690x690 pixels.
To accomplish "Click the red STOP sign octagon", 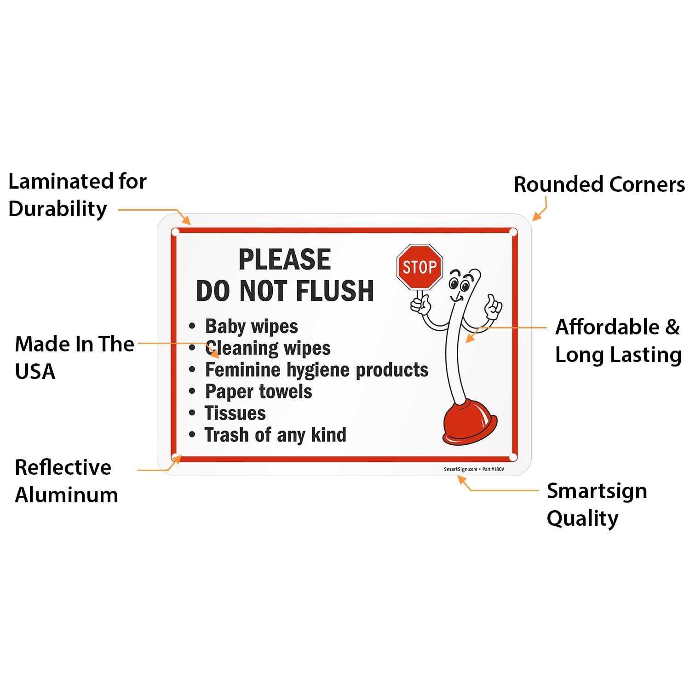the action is tap(420, 267).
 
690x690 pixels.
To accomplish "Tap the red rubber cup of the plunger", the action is tap(470, 422).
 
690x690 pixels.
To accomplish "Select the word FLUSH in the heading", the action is tap(335, 291).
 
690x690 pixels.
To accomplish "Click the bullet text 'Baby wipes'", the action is tap(252, 327).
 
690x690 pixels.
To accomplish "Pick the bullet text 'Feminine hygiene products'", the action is tap(316, 370).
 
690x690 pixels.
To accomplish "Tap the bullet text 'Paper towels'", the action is tap(259, 392).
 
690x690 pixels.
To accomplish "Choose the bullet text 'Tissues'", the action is tap(235, 413).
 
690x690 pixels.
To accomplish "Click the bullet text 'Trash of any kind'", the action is tap(276, 435).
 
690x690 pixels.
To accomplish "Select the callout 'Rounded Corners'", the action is tap(599, 184).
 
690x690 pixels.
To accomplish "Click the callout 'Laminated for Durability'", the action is tap(78, 195).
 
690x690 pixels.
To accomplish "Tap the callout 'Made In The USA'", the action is tap(75, 357).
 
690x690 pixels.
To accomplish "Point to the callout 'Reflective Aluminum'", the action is tap(67, 481).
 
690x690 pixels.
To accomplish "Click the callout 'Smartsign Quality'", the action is tap(597, 505).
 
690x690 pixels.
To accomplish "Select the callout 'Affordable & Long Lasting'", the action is tap(618, 341).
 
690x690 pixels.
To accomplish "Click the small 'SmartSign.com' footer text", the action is tap(460, 469).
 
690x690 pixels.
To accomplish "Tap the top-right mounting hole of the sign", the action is tap(513, 232).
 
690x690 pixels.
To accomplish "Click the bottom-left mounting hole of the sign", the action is tap(175, 457).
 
